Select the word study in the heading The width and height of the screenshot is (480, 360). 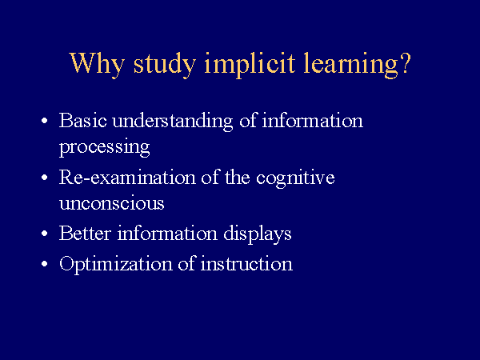point(164,65)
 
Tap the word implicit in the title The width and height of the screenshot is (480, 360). point(250,65)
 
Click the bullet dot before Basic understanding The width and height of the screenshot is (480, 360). point(44,121)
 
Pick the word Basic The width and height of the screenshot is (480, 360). point(83,120)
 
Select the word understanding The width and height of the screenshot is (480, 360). point(173,122)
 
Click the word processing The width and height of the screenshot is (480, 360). point(104,147)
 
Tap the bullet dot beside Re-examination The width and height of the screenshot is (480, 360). point(44,178)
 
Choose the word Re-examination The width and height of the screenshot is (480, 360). point(127,177)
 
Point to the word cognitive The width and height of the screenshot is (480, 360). point(295,178)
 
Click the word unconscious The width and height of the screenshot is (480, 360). point(112,203)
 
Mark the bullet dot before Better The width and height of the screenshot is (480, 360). point(44,234)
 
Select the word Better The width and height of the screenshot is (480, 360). point(85,233)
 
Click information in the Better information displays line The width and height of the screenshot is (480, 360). point(167,233)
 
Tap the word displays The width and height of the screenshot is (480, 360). point(257,234)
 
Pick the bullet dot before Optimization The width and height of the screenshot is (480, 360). point(44,264)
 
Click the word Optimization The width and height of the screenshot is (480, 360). point(116,265)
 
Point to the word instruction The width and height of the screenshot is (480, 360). point(246,263)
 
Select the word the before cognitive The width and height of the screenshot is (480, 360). point(238,177)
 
